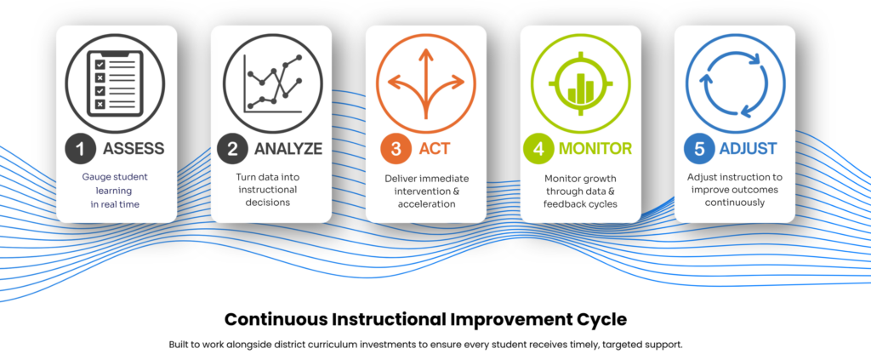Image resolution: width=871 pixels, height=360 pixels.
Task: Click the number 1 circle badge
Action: (81, 149)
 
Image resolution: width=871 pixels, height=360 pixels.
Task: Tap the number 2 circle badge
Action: (232, 149)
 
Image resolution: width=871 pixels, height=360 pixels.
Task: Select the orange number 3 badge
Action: (396, 149)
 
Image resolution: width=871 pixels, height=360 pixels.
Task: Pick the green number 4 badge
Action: (538, 149)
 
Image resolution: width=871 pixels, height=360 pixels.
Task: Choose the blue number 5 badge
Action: (699, 149)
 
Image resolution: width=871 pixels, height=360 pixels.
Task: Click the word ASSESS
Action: (134, 149)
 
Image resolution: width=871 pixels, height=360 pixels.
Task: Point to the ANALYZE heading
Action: (288, 149)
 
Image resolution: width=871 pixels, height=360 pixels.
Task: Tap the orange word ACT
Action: (435, 149)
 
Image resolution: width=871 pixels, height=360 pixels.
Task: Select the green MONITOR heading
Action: (595, 149)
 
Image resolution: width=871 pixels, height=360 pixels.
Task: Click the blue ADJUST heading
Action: (749, 149)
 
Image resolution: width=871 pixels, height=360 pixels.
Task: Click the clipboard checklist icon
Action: (115, 83)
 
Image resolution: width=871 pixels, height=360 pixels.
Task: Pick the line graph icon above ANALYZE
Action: (273, 83)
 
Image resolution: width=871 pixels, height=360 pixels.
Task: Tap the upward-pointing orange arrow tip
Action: (426, 49)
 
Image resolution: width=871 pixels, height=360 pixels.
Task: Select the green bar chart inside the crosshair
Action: (580, 88)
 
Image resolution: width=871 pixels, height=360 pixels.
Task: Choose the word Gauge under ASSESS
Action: (96, 178)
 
